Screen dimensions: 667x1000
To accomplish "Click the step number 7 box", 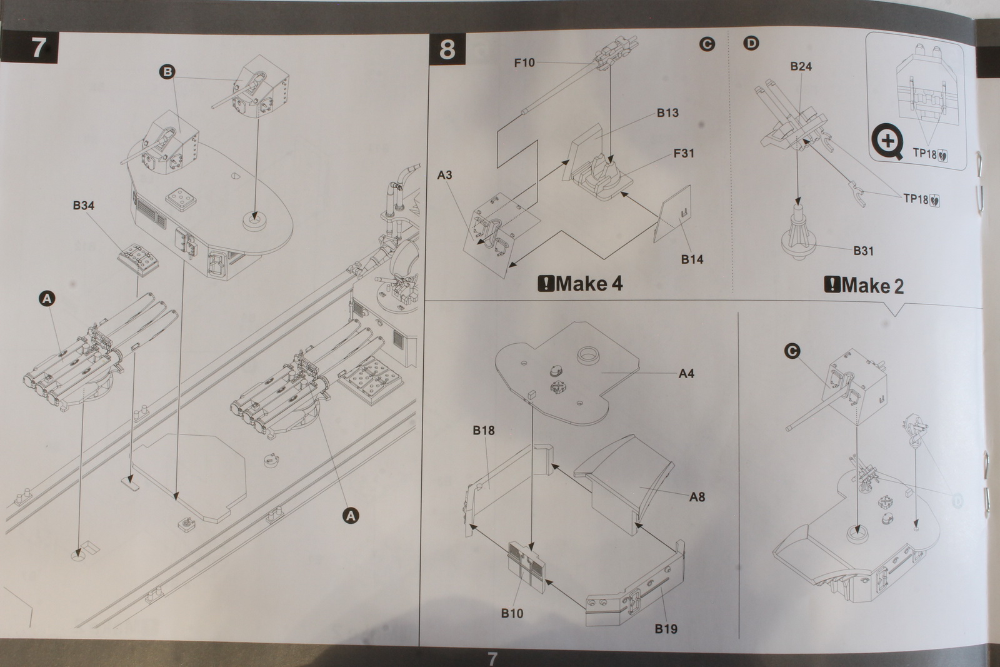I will coord(38,48).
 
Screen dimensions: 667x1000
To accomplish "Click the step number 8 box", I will coord(447,49).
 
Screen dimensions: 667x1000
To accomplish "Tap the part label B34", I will coord(83,206).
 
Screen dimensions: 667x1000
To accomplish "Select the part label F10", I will coord(524,63).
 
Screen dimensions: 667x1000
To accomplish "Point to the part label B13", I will coord(667,113).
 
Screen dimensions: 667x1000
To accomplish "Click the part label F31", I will coord(684,153).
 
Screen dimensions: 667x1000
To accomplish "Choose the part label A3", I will coord(444,175).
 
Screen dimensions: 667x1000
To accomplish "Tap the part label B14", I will coord(692,259).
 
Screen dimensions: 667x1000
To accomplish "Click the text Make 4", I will coord(581,284).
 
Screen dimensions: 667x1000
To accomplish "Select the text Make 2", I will coord(864,286).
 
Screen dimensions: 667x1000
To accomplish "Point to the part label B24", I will coord(801,66).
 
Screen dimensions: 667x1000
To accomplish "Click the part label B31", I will coord(863,251).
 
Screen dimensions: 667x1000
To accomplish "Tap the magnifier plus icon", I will coord(887,143).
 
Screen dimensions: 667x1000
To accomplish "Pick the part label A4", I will coord(686,374).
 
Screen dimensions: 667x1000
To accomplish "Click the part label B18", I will coord(484,430).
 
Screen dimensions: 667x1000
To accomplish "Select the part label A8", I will coord(697,497).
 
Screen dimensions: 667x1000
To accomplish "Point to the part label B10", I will coord(512,613).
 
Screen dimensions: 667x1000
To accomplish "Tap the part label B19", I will coord(666,629).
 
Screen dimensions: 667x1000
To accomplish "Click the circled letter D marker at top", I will coord(751,43).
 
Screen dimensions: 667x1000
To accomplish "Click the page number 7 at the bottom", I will coord(492,658).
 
